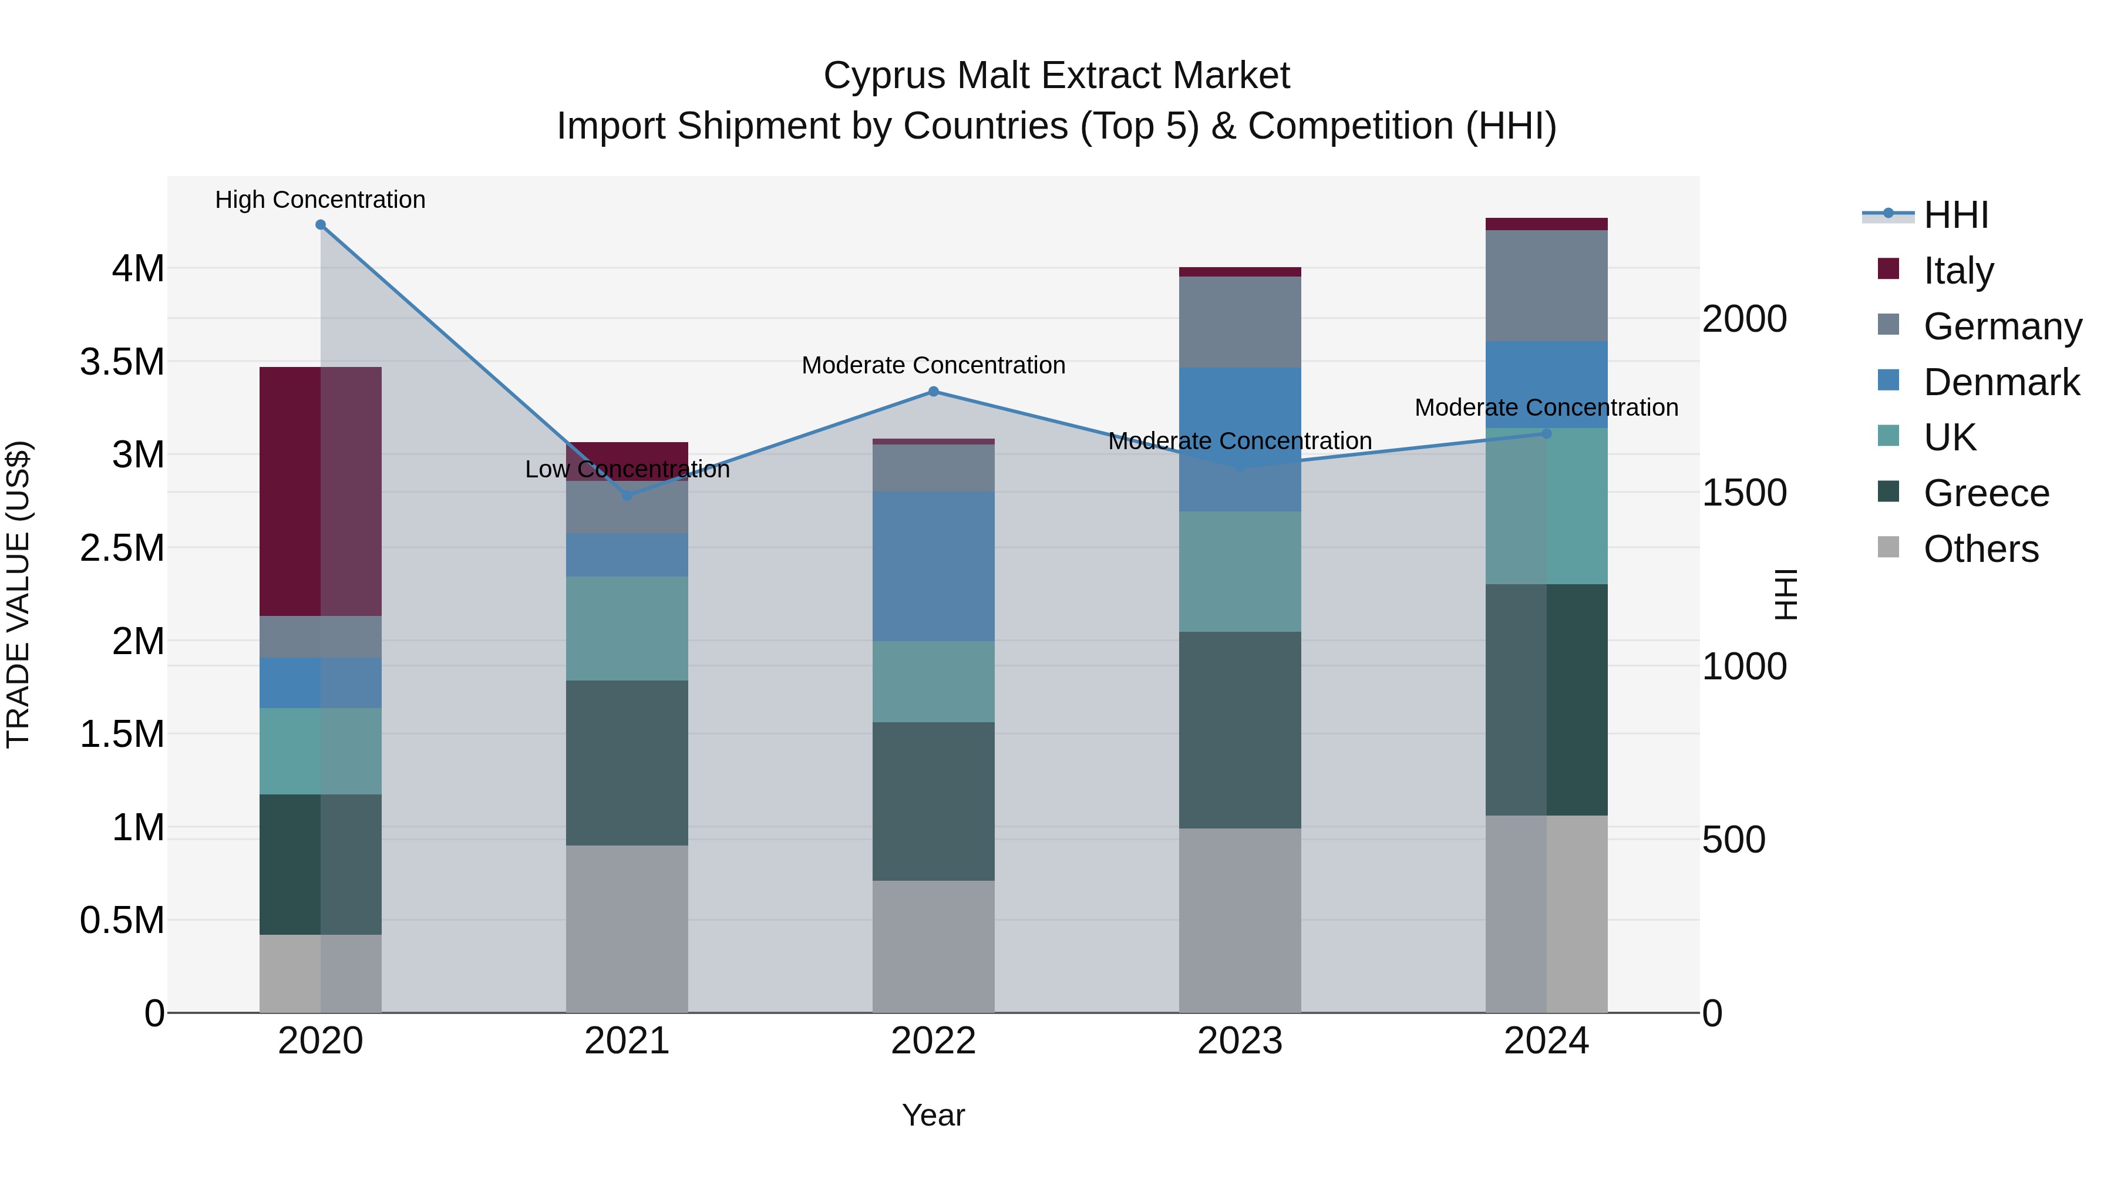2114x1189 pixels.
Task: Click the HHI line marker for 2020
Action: [x=320, y=225]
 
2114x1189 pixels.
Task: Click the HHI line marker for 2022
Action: [x=933, y=392]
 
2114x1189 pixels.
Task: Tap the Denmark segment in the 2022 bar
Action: [x=933, y=566]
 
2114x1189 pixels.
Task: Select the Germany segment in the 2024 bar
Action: [x=1546, y=285]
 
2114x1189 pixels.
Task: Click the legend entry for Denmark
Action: [x=2000, y=382]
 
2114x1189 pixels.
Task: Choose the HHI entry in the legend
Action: [x=1955, y=215]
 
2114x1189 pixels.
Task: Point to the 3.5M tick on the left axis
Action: [x=122, y=362]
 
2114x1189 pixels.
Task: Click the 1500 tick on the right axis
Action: [x=1744, y=493]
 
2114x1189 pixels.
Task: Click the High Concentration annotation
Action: [x=320, y=200]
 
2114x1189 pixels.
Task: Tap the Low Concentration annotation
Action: [x=627, y=469]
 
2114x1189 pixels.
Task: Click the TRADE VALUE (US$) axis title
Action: [x=18, y=594]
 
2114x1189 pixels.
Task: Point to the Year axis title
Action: [x=933, y=1115]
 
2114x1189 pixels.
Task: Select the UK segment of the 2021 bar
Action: [x=627, y=628]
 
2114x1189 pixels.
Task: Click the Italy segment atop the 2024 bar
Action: [x=1546, y=224]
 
